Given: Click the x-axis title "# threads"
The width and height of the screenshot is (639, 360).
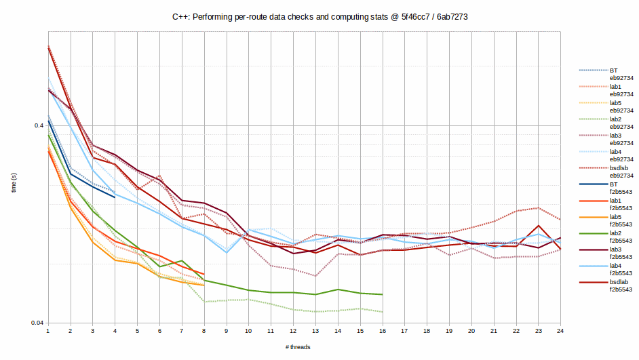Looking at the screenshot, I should point(298,347).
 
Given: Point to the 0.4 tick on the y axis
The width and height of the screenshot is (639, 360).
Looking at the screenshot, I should point(38,125).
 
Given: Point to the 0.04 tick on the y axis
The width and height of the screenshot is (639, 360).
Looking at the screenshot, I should point(37,323).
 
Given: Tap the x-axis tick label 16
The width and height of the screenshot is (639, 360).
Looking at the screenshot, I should point(382,331).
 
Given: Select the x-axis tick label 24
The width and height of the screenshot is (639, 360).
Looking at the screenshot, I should point(560,331).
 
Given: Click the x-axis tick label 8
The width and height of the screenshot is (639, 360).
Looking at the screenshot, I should point(204,331).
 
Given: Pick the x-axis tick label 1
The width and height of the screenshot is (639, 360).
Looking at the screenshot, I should point(47,331).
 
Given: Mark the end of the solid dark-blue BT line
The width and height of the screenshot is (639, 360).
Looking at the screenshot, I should point(115,197).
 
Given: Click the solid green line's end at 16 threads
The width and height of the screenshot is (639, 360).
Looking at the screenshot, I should point(382,294).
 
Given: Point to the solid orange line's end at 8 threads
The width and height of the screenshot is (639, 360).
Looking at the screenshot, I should point(204,285).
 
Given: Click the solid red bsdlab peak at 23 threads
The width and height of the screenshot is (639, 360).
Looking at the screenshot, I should point(538,226).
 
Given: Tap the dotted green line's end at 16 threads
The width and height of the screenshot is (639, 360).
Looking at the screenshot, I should point(382,312).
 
